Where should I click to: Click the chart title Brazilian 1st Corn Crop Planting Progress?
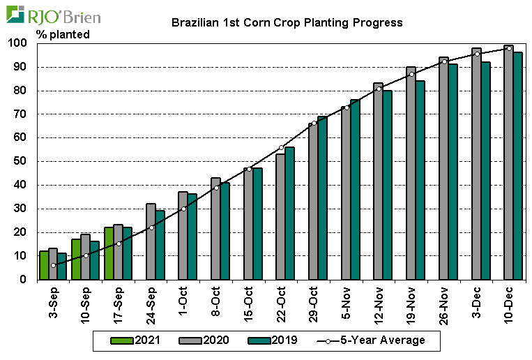tap(287, 22)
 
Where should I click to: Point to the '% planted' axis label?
tap(63, 33)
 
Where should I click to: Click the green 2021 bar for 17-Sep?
tap(109, 253)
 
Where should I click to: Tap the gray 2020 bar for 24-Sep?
tap(151, 241)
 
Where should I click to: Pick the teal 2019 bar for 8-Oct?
tap(225, 231)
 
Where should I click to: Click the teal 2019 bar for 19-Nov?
tap(420, 180)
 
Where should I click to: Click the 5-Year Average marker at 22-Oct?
tap(281, 148)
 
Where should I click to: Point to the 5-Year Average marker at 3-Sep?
tap(53, 265)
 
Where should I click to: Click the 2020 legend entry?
tap(202, 340)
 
